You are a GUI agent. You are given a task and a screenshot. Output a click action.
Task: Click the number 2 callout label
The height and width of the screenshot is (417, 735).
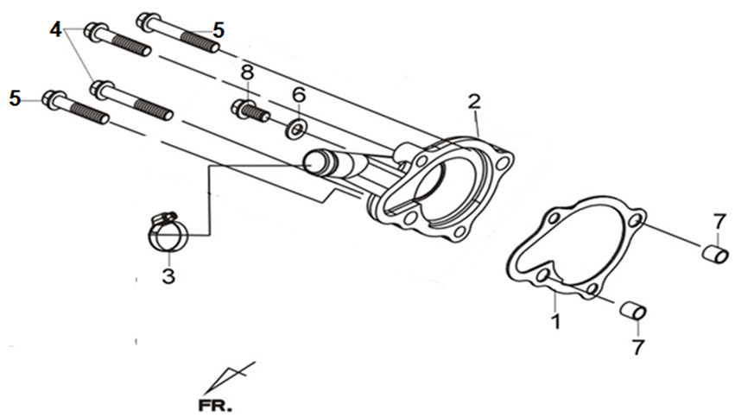[x=474, y=102]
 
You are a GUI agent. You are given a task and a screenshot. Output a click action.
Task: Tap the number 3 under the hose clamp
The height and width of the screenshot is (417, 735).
[x=169, y=277]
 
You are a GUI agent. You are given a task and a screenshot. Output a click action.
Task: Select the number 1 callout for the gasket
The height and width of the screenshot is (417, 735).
[x=556, y=322]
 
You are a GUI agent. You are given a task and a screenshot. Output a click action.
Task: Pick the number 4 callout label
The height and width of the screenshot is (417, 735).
[x=56, y=28]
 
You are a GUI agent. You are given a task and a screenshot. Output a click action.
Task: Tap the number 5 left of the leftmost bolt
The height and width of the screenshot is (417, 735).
[x=15, y=98]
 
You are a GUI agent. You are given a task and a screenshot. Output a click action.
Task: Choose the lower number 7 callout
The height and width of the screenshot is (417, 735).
[x=637, y=347]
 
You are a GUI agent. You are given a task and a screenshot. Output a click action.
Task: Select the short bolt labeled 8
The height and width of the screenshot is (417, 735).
[x=250, y=111]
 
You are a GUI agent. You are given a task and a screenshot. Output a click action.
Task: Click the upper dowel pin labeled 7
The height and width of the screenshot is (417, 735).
[x=713, y=256]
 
